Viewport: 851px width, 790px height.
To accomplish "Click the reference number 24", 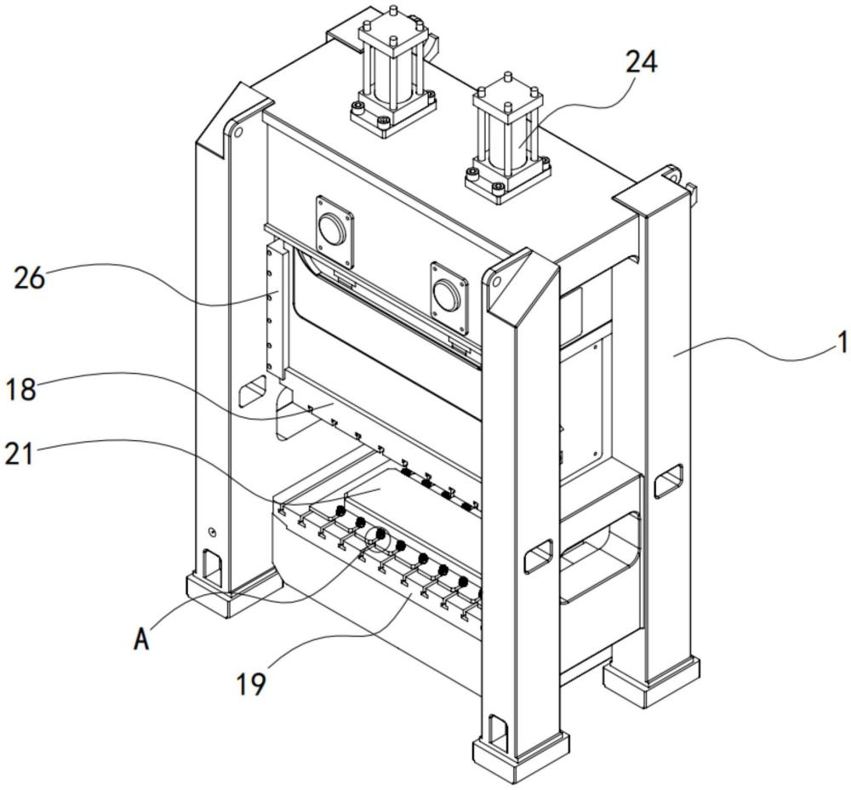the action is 642,62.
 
